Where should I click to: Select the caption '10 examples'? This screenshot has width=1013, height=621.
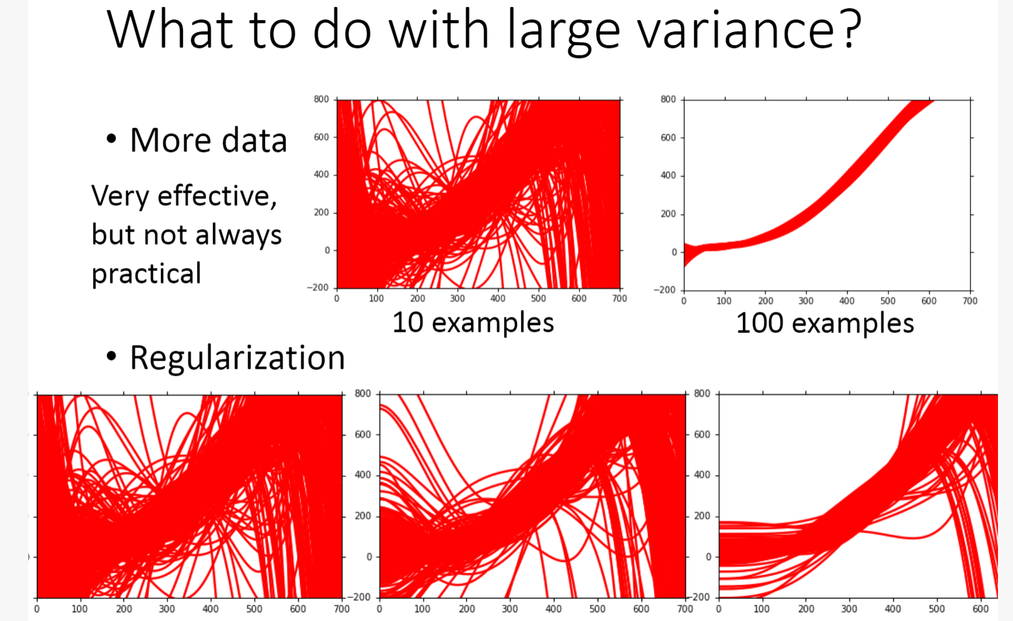tap(473, 322)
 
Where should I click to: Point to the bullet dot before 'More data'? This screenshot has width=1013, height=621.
tap(112, 139)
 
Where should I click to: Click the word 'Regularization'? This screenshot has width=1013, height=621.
tap(237, 358)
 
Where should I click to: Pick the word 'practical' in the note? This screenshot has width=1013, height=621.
tap(147, 274)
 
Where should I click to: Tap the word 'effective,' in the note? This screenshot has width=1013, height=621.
tap(217, 196)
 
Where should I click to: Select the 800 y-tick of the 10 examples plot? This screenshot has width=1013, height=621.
tap(321, 100)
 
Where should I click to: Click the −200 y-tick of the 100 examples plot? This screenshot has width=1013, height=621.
tap(665, 290)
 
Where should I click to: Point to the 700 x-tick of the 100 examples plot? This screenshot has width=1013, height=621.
tap(970, 301)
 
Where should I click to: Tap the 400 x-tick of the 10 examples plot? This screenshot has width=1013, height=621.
tap(498, 299)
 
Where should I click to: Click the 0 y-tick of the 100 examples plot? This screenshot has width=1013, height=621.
tap(673, 252)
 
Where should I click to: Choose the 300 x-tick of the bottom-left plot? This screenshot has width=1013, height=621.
tap(167, 608)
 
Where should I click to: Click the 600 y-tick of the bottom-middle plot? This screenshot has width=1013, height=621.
tap(363, 434)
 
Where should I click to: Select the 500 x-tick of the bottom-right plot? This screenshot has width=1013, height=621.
tap(937, 608)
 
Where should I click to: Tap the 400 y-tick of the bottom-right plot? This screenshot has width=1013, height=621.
tap(702, 475)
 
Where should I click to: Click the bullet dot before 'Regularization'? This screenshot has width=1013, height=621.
tap(112, 357)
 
